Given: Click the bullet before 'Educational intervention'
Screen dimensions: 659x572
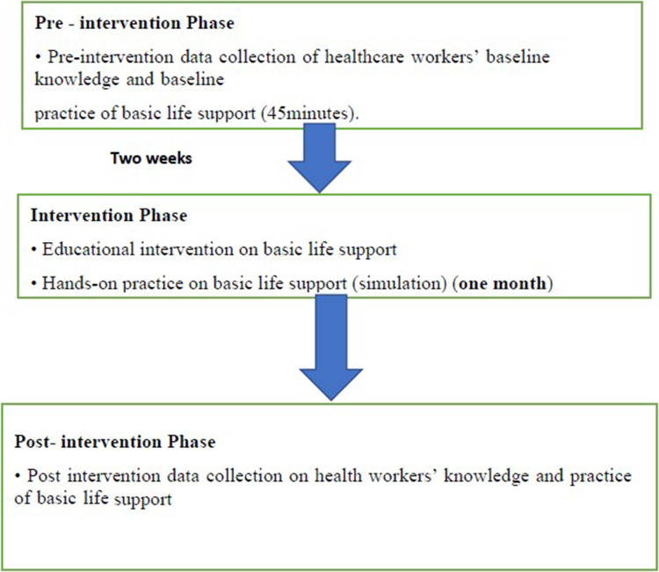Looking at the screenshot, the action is point(36,248).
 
